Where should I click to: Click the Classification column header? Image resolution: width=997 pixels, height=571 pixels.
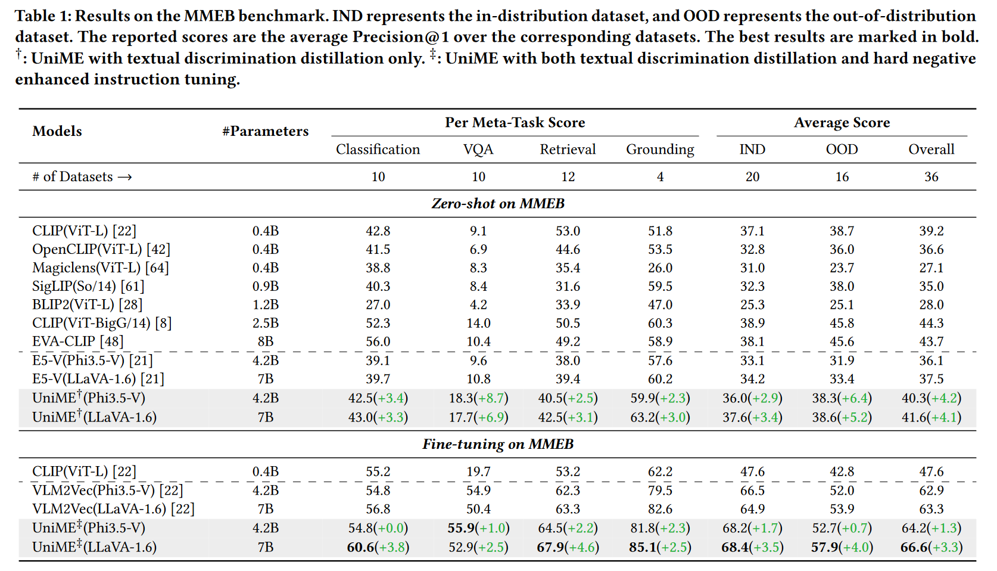coord(378,149)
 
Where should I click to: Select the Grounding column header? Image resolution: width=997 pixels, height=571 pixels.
coord(660,149)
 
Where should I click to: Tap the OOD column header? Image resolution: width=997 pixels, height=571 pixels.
coord(842,149)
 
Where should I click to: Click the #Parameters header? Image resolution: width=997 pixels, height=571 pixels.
coord(265,131)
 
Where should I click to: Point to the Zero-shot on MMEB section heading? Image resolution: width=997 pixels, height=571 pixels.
coord(498,203)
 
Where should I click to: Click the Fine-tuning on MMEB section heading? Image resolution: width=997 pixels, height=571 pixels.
coord(498,444)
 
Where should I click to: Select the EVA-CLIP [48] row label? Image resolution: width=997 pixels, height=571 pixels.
coord(78,342)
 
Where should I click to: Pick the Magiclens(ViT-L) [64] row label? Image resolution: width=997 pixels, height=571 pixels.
coord(101,268)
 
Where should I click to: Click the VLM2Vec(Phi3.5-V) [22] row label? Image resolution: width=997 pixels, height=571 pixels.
coord(108,490)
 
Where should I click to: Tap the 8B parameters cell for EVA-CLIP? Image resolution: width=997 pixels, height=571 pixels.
coord(265,342)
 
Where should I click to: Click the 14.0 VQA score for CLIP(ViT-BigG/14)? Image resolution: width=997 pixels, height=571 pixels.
coord(478,323)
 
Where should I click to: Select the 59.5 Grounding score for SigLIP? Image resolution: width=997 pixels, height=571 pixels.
coord(660,286)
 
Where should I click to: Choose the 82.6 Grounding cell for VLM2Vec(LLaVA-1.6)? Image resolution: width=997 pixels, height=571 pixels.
coord(660,509)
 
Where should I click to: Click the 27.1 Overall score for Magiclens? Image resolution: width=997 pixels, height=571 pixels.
coord(931,268)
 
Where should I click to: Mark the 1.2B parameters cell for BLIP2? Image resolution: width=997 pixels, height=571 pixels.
coord(265,305)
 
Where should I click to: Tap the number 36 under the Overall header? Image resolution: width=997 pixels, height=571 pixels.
coord(931,176)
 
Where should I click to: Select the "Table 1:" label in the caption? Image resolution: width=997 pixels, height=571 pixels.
coord(42,16)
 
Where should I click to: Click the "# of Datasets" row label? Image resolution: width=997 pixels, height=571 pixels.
coord(82,176)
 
